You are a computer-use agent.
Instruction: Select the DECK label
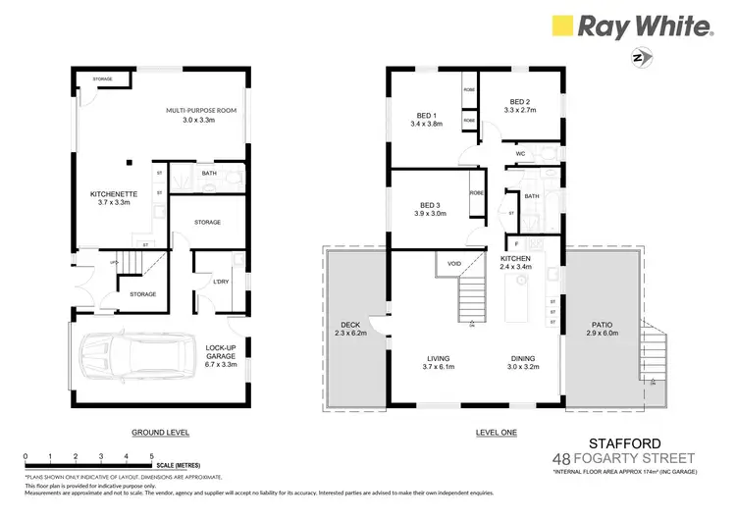point(349,327)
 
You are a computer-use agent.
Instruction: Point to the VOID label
point(453,264)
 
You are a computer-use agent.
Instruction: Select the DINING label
point(522,358)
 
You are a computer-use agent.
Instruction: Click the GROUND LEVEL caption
point(160,433)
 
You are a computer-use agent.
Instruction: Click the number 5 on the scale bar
point(151,456)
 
